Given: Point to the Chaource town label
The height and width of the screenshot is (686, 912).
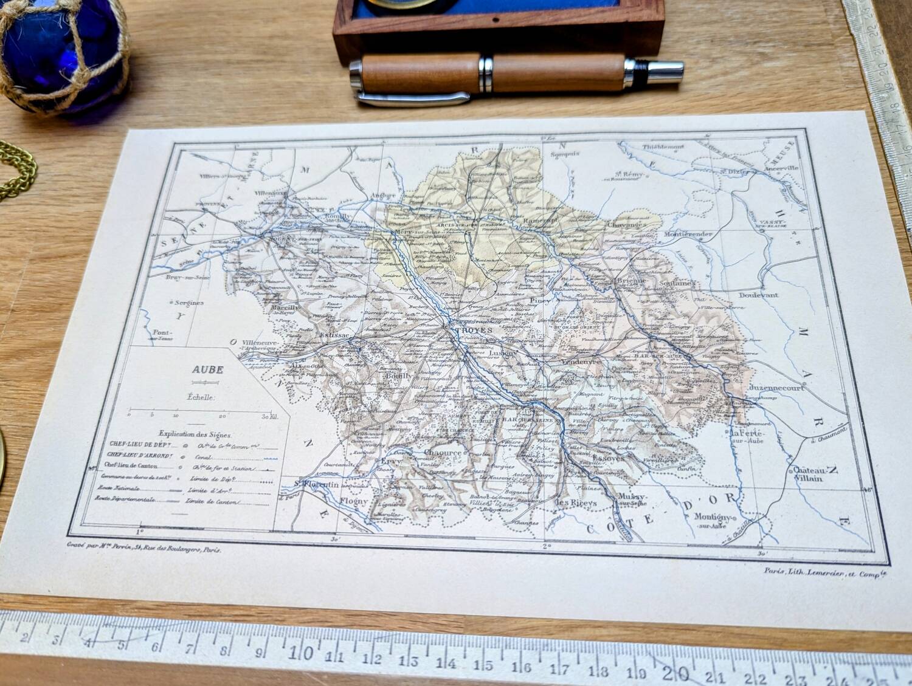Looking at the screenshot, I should pos(443,453).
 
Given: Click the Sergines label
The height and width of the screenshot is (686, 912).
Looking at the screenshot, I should pos(188,302).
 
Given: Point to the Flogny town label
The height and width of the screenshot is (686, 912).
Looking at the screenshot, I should pos(354,501).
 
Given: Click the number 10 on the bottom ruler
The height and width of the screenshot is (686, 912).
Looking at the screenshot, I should pos(302,653).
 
